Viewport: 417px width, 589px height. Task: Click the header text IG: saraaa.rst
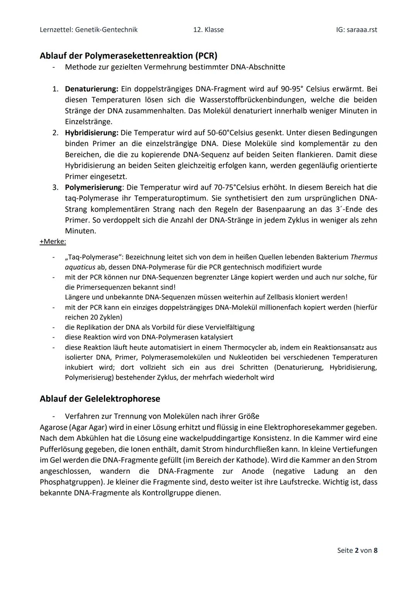(356, 30)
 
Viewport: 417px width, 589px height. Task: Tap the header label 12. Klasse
(208, 30)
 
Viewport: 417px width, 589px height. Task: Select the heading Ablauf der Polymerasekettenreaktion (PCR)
(128, 56)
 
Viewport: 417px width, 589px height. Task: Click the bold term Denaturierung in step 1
(91, 89)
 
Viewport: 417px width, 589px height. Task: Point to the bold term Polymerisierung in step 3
(93, 187)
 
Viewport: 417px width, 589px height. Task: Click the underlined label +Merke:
(53, 241)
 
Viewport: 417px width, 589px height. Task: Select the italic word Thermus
(364, 257)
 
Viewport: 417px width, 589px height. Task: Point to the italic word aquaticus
(80, 267)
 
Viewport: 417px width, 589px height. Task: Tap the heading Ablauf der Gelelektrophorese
(100, 398)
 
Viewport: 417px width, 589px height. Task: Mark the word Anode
(253, 471)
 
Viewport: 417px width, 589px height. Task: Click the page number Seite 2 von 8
(357, 550)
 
